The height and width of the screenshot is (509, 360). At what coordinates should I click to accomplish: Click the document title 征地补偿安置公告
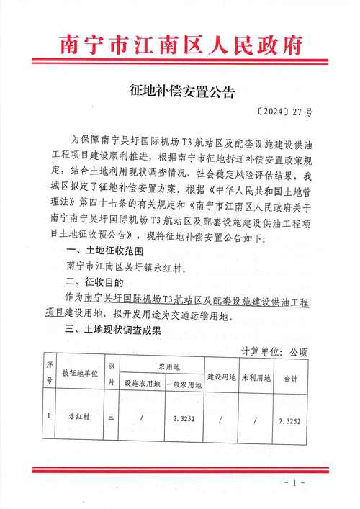pyautogui.click(x=180, y=92)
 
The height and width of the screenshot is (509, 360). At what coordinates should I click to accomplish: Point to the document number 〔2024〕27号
pyautogui.click(x=286, y=113)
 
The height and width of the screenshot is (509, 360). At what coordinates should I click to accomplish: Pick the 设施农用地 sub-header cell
pyautogui.click(x=143, y=384)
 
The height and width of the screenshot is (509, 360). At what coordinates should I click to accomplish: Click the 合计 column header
pyautogui.click(x=291, y=376)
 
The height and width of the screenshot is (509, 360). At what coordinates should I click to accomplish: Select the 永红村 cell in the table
pyautogui.click(x=77, y=415)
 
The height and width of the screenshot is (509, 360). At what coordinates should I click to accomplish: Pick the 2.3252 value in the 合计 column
pyautogui.click(x=291, y=417)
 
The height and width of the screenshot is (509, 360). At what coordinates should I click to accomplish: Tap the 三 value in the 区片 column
pyautogui.click(x=111, y=415)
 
